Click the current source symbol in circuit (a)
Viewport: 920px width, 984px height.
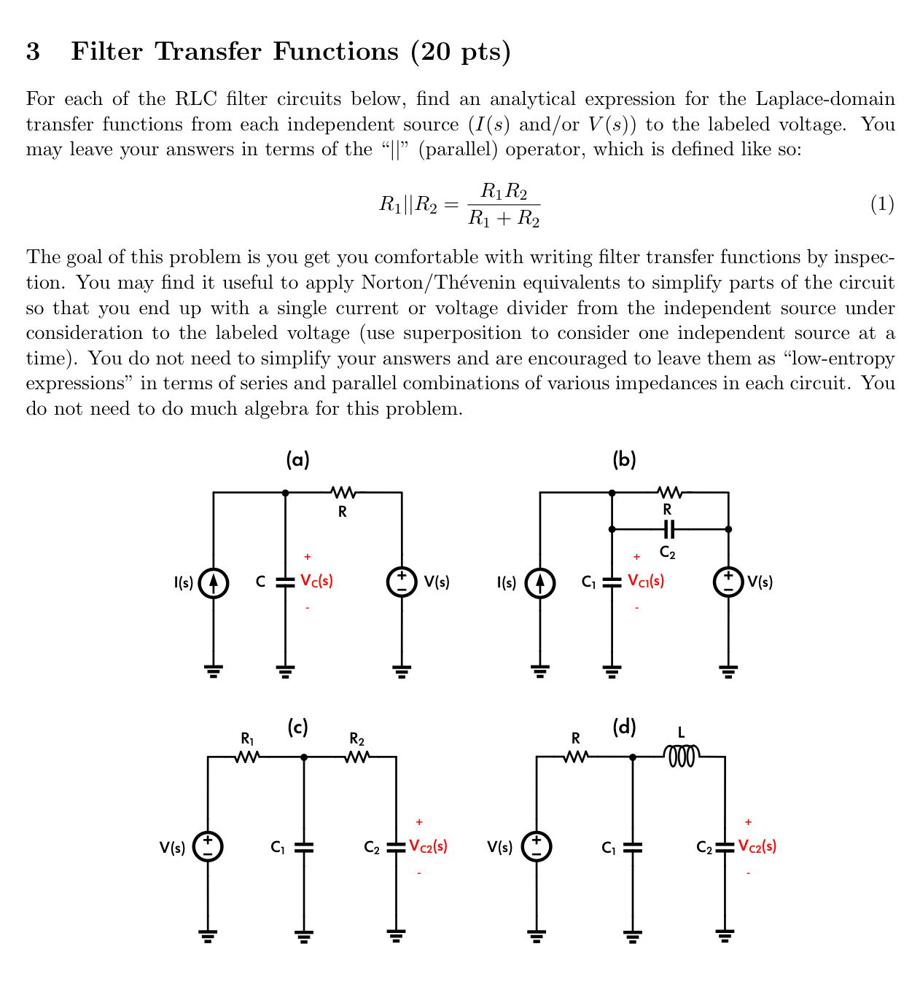click(x=214, y=582)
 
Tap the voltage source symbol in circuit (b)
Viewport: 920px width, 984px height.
click(x=728, y=582)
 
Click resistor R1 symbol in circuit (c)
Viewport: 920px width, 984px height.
click(x=248, y=758)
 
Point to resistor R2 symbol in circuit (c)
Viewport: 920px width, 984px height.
click(x=356, y=758)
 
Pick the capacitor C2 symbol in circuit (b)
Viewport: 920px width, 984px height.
click(x=668, y=529)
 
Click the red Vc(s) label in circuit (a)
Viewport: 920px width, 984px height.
click(x=316, y=582)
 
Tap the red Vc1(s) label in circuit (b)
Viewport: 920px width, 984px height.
click(x=646, y=582)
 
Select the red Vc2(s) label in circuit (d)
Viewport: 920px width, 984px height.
click(x=757, y=846)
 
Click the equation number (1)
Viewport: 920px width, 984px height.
click(x=882, y=204)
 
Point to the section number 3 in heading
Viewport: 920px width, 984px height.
click(x=33, y=52)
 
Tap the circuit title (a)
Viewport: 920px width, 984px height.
click(x=297, y=459)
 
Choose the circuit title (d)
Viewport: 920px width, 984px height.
click(x=624, y=727)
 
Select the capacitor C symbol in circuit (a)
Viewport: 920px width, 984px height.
click(x=285, y=582)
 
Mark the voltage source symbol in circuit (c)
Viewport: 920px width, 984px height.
click(x=208, y=847)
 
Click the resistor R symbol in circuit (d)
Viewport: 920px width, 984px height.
click(x=575, y=758)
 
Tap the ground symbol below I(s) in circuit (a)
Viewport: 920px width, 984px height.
click(x=214, y=671)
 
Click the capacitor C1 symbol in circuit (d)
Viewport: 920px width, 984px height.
click(x=632, y=847)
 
